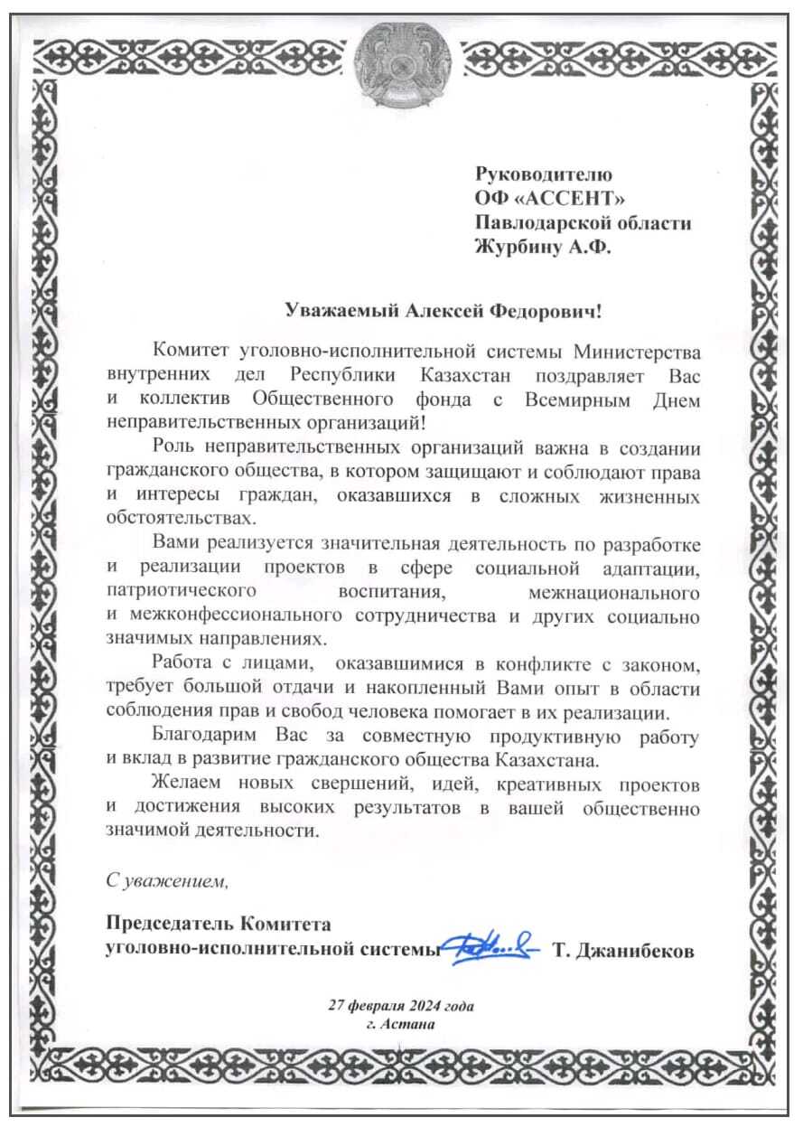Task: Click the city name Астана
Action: point(414,1024)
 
